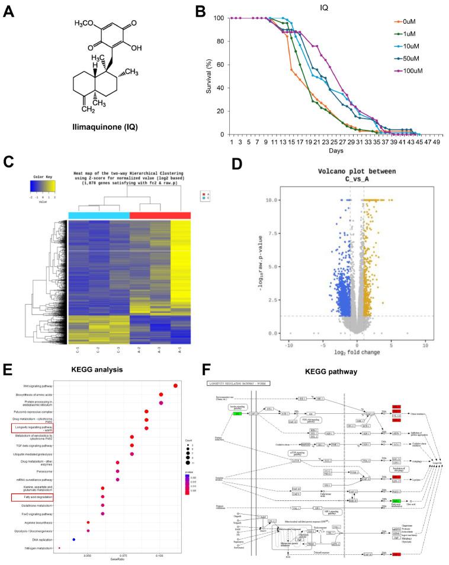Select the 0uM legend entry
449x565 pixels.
click(410, 21)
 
